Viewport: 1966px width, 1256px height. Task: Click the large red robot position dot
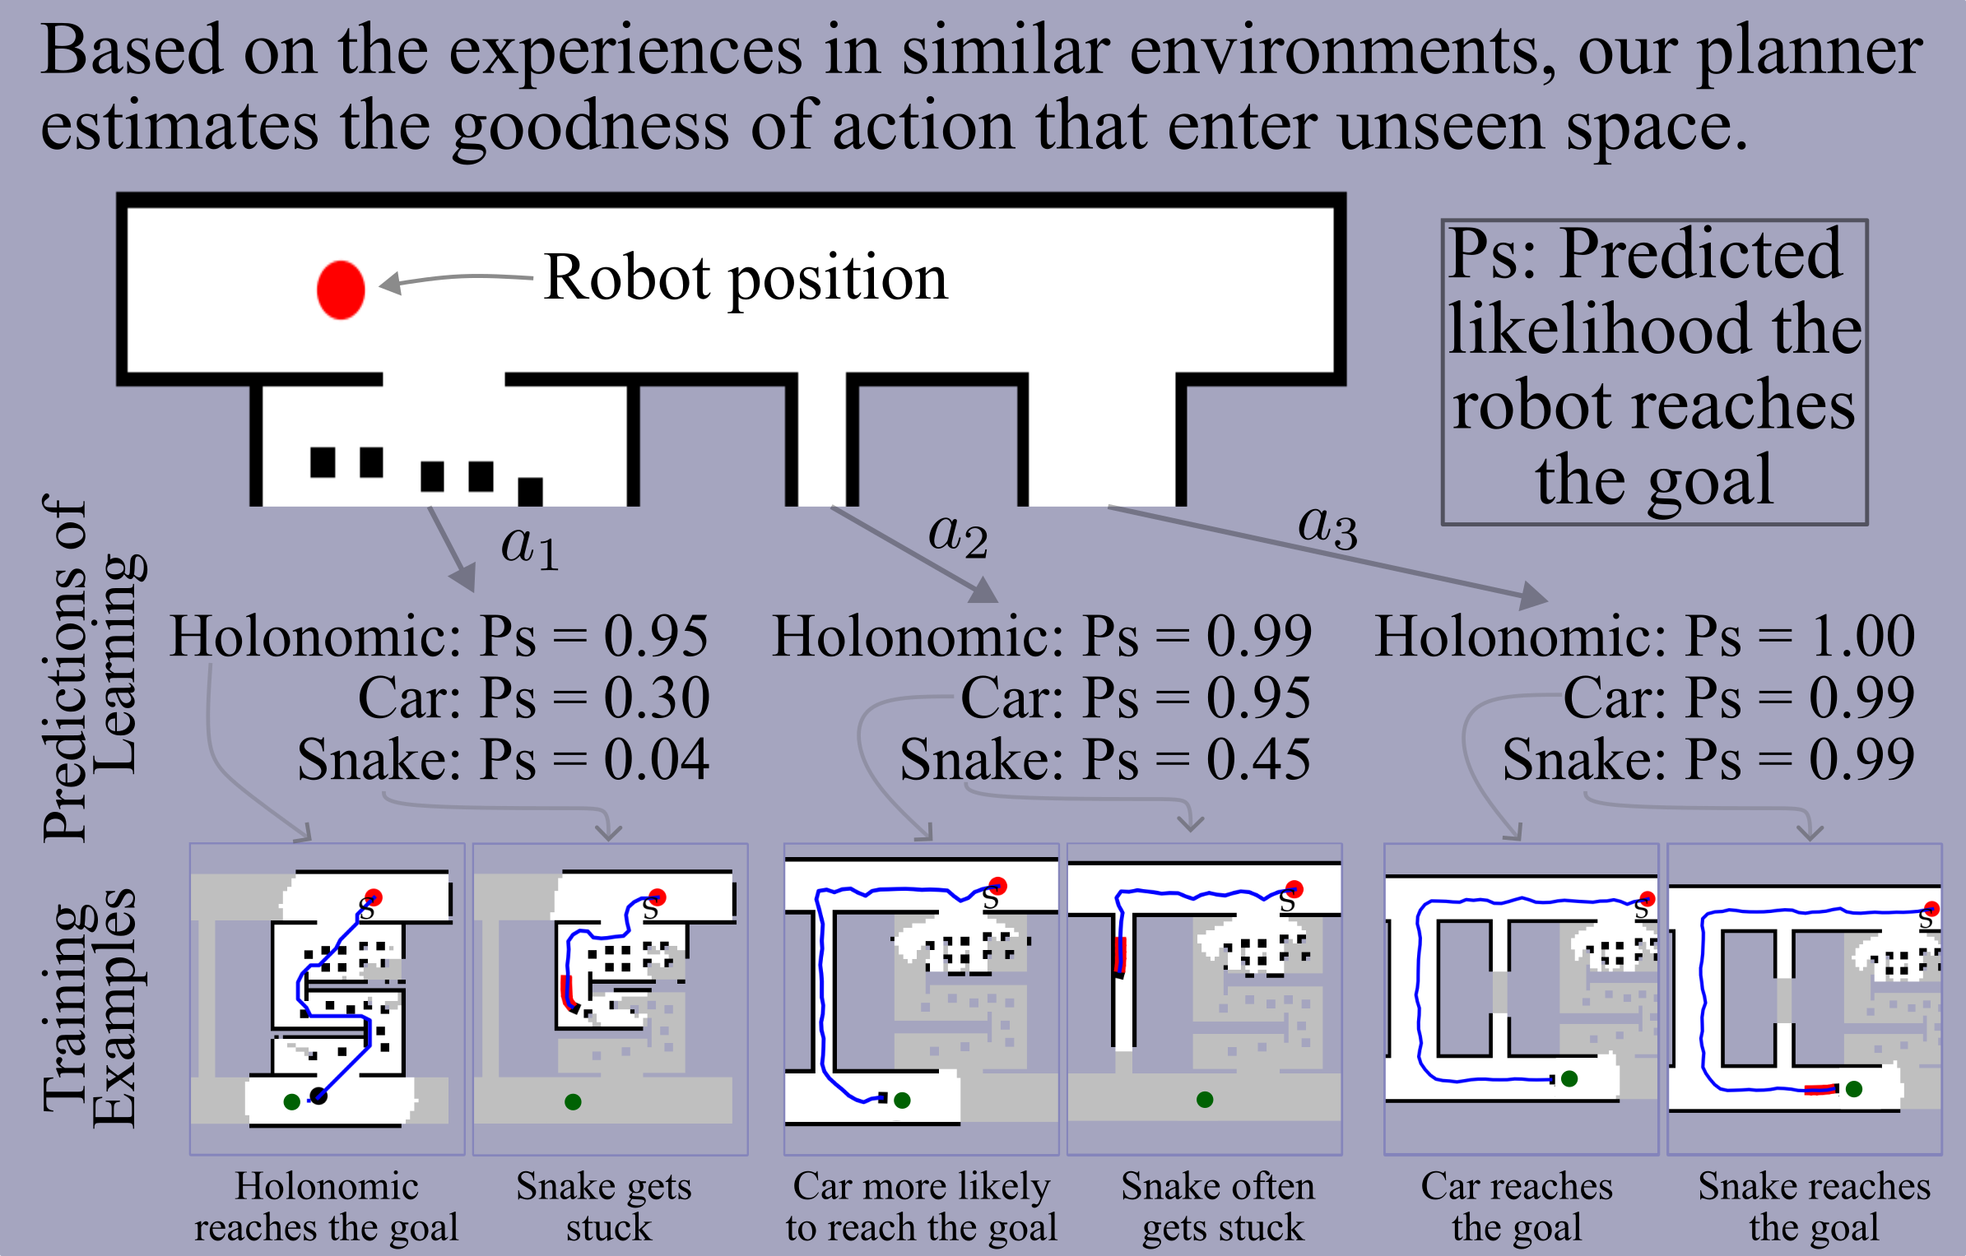(x=341, y=290)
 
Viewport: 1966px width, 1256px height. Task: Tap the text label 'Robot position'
(x=746, y=278)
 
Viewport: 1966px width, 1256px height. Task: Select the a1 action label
(x=530, y=546)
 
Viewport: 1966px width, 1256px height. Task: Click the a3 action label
(x=1327, y=526)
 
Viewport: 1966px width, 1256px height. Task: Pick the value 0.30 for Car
(x=656, y=698)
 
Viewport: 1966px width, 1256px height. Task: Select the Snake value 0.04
(x=656, y=759)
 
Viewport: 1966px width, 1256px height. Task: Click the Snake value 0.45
(x=1258, y=759)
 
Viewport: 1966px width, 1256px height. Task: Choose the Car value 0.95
(x=1258, y=698)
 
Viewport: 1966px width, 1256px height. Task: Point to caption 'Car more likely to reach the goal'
(x=921, y=1207)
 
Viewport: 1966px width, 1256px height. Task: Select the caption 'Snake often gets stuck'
(x=1220, y=1207)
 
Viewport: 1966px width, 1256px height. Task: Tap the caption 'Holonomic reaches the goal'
(x=327, y=1207)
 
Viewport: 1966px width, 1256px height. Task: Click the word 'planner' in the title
(x=1810, y=51)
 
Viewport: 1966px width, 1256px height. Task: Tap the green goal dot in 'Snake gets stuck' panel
(x=574, y=1102)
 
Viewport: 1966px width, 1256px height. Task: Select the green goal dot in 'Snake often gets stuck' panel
(x=1205, y=1100)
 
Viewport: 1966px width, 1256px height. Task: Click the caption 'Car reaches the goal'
(x=1517, y=1207)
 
